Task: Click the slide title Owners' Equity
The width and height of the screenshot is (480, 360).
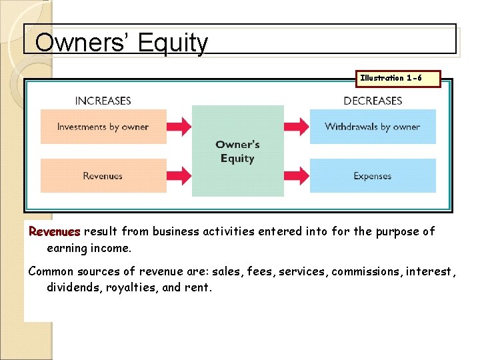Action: click(x=121, y=43)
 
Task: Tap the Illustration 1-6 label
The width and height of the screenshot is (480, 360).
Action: click(x=391, y=78)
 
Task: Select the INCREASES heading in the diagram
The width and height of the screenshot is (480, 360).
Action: click(x=103, y=101)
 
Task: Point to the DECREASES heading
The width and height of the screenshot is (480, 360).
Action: click(x=373, y=101)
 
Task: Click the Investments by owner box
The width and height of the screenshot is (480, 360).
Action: click(x=103, y=127)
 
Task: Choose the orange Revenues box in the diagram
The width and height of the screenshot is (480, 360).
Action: click(x=103, y=176)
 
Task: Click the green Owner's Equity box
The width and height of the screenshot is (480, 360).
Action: click(x=237, y=151)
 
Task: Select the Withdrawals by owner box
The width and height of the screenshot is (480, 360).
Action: click(x=373, y=127)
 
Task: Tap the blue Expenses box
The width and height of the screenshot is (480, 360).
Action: click(x=373, y=176)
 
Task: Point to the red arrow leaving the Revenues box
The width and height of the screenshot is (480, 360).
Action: click(x=179, y=176)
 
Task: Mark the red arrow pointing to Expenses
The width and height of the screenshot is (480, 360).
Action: click(x=297, y=176)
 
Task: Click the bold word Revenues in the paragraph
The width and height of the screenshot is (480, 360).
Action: click(x=54, y=232)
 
